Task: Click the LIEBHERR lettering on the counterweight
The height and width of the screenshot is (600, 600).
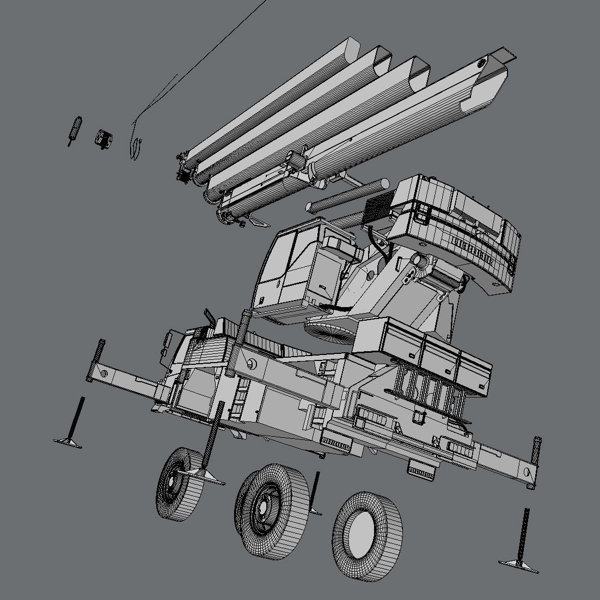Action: click(473, 252)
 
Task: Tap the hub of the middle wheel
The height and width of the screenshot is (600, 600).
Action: click(263, 506)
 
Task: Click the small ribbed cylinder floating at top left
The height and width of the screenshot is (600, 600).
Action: click(75, 130)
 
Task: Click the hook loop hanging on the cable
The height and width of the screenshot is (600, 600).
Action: click(136, 147)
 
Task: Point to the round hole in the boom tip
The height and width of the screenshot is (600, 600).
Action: click(482, 64)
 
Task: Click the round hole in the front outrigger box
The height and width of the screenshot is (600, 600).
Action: click(252, 364)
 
